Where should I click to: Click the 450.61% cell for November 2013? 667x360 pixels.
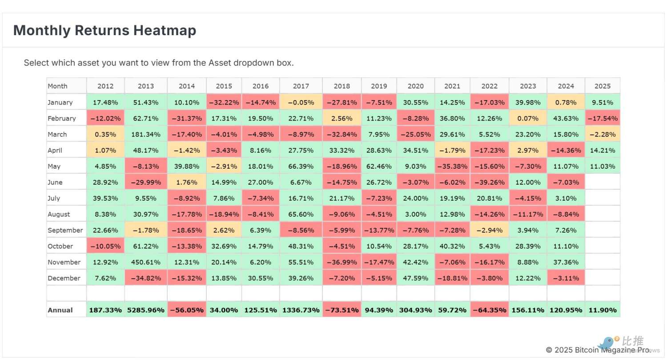click(x=146, y=262)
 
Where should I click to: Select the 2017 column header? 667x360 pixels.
click(x=301, y=86)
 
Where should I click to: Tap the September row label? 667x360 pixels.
click(x=65, y=230)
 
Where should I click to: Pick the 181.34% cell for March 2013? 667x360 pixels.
click(x=146, y=134)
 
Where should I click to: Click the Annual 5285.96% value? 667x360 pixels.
click(x=146, y=310)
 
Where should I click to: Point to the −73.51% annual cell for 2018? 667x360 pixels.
click(x=342, y=310)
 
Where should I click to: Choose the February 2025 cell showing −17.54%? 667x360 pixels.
click(x=603, y=118)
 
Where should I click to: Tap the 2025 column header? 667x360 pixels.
click(x=603, y=86)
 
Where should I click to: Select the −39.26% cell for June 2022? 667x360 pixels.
click(x=489, y=182)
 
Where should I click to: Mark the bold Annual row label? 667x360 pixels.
click(x=60, y=310)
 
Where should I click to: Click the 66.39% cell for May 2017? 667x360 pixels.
click(x=301, y=166)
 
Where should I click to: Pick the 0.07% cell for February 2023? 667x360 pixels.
click(x=528, y=118)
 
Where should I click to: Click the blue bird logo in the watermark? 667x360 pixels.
click(x=607, y=343)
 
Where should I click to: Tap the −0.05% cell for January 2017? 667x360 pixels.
click(x=301, y=102)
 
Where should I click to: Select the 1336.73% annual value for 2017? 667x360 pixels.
click(x=301, y=310)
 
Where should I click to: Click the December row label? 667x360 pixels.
click(x=64, y=278)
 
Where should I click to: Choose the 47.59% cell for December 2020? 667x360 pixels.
click(x=415, y=278)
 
